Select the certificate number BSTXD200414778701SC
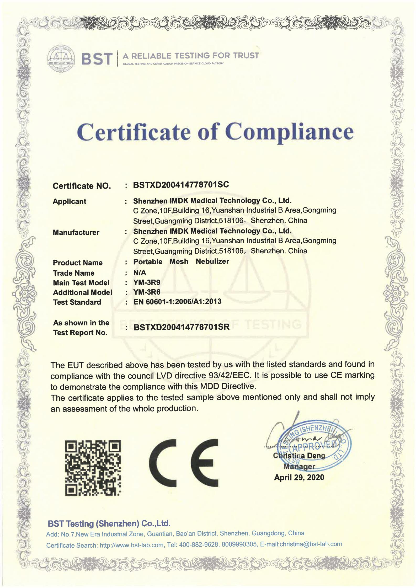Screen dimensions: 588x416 pos(181,185)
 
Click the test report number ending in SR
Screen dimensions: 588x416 pos(182,327)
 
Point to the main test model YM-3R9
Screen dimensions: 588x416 pos(147,282)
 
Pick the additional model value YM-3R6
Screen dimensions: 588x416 pos(147,292)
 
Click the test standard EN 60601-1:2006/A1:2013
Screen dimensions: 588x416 pos(177,302)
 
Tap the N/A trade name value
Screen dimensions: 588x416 pos(140,273)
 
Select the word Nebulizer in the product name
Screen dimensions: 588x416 pos(212,261)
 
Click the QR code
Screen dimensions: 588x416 pos(93,468)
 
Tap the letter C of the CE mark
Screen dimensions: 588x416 pos(162,463)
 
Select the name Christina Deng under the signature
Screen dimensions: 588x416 pos(299,456)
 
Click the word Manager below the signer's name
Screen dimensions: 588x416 pos(299,467)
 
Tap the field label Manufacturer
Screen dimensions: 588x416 pos(76,232)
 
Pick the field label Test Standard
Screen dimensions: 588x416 pos(77,302)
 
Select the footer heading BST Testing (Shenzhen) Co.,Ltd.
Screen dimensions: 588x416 pos(109,523)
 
